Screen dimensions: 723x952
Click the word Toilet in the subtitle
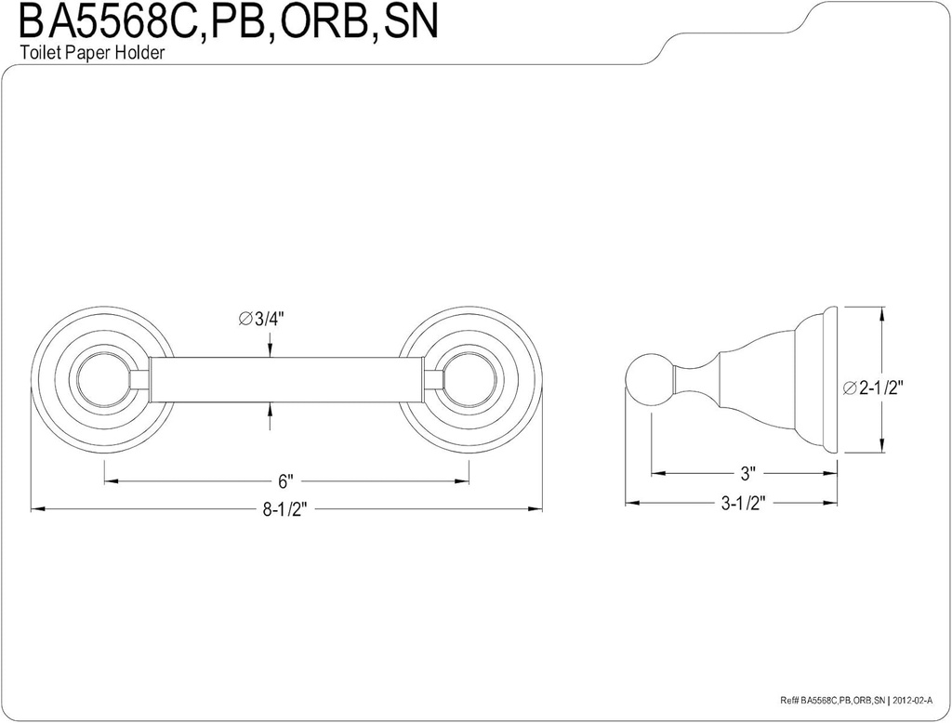[39, 53]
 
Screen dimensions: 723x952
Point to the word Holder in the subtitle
[141, 53]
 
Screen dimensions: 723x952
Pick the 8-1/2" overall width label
[285, 510]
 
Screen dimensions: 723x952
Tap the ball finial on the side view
[644, 379]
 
